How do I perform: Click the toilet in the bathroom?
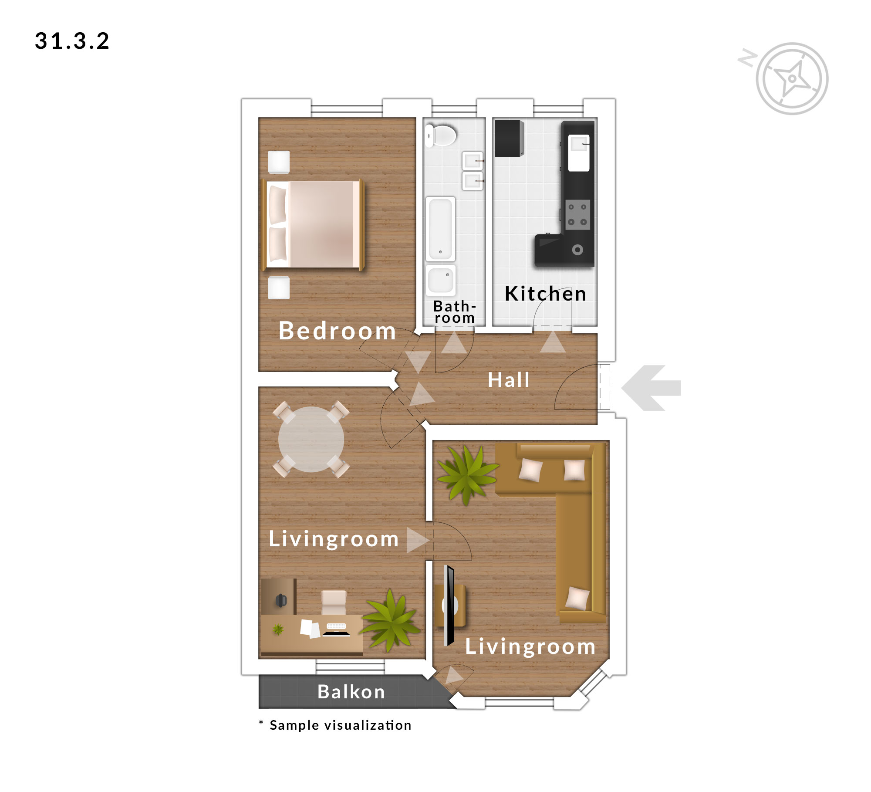(440, 135)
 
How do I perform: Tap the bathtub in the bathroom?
(440, 229)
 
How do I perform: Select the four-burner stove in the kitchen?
(577, 214)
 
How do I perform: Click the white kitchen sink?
(578, 152)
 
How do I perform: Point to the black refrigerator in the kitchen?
(510, 138)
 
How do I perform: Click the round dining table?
(311, 439)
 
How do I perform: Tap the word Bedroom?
(338, 331)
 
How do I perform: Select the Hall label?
(509, 380)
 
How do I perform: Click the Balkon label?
(351, 692)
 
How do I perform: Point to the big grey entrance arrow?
(651, 388)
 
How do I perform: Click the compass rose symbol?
(792, 79)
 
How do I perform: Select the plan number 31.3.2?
(72, 41)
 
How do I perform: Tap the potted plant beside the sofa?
(467, 474)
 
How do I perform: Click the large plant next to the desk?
(391, 620)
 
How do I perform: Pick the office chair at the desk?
(334, 602)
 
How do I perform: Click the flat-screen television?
(449, 606)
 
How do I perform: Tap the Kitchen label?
(546, 294)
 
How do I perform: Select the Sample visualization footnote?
(335, 725)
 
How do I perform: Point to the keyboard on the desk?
(336, 626)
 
